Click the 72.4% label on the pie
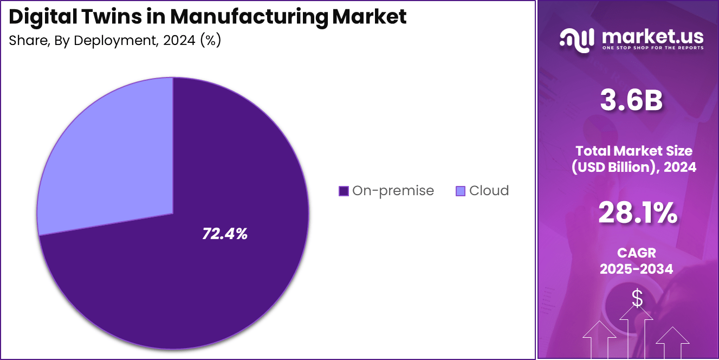tap(225, 234)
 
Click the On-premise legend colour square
tap(343, 191)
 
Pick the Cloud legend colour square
tap(461, 191)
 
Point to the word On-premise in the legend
tap(393, 191)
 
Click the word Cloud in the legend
tap(489, 191)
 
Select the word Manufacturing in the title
tap(249, 17)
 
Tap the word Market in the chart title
tap(369, 17)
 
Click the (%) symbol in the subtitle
tap(210, 41)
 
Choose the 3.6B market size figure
tap(631, 101)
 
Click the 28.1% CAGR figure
tap(637, 213)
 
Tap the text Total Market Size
tap(634, 151)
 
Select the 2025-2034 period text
tap(637, 268)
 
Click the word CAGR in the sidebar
tap(637, 253)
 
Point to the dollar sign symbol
tap(637, 298)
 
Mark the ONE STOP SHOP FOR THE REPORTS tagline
tap(652, 48)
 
